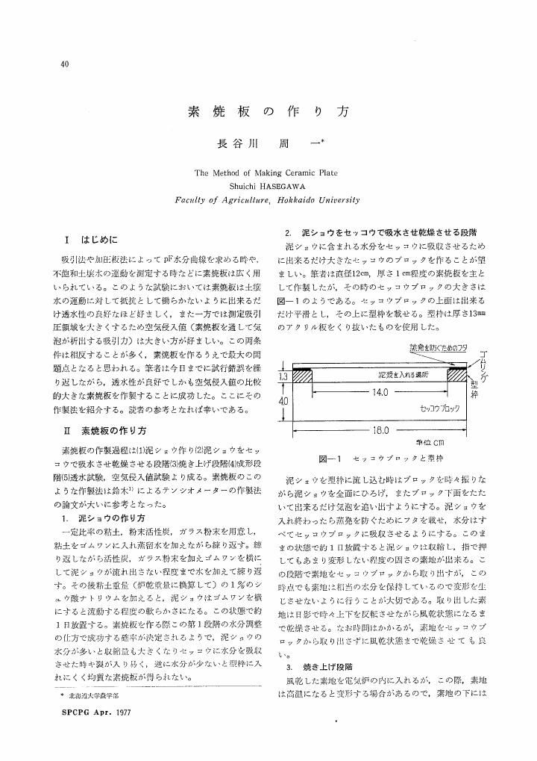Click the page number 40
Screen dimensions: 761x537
(64, 63)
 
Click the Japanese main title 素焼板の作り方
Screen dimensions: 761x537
(268, 113)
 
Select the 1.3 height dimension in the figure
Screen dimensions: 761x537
(283, 378)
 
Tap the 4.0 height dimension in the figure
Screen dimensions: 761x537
(283, 401)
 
